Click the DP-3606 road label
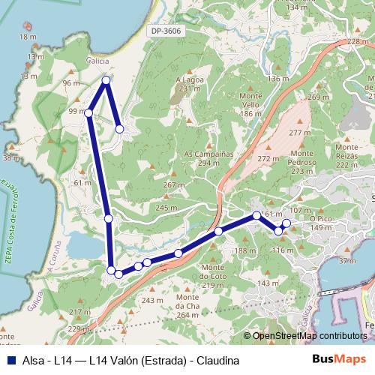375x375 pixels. (x=166, y=31)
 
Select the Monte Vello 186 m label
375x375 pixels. (x=250, y=105)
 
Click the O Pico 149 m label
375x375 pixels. (x=321, y=223)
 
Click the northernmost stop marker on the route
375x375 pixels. (x=106, y=79)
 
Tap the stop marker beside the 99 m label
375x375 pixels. (x=88, y=113)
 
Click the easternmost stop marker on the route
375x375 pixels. (x=286, y=224)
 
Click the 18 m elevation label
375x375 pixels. (x=28, y=37)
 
